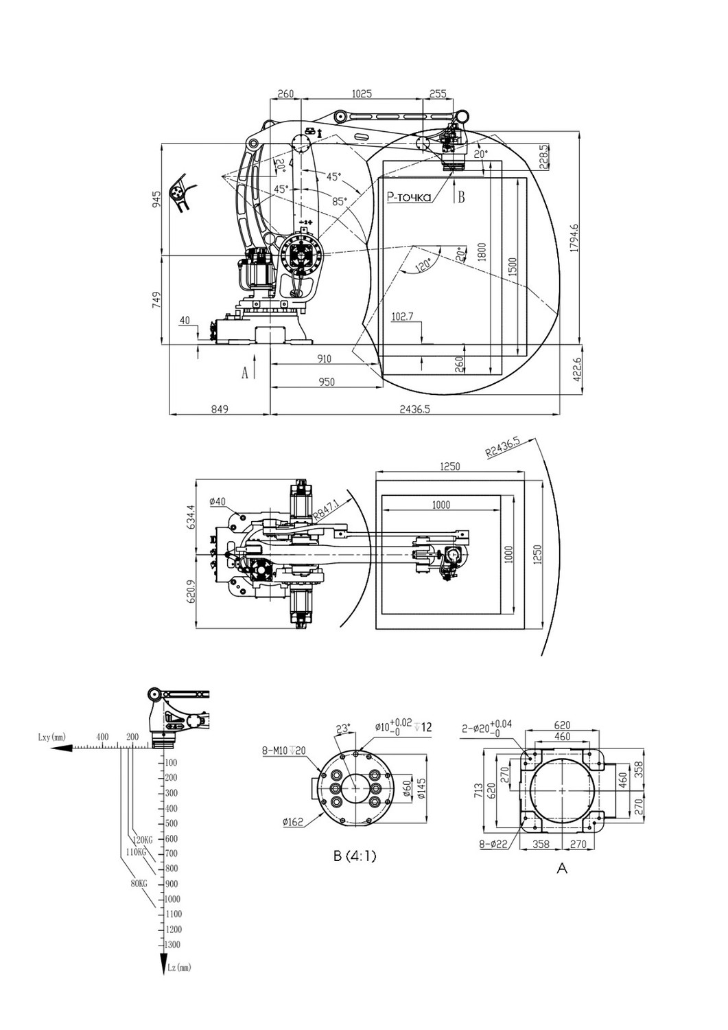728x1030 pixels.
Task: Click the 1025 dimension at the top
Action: tap(361, 93)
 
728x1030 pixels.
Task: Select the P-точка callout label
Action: tap(408, 197)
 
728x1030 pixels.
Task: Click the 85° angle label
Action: tap(340, 201)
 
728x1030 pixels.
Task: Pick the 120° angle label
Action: tap(422, 265)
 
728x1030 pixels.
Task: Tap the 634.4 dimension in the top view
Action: tap(191, 517)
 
